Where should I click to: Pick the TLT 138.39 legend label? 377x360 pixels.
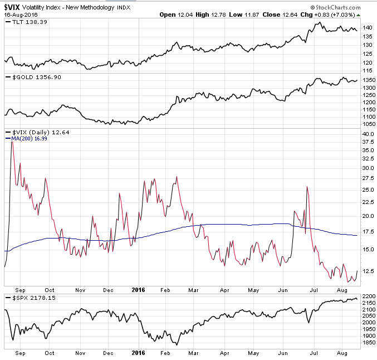coord(28,22)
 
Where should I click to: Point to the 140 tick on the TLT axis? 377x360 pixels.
coord(366,27)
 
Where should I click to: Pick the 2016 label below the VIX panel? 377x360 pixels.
coord(137,289)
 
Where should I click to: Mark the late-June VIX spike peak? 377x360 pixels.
coord(307,187)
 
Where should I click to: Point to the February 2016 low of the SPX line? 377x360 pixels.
coord(175,344)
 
